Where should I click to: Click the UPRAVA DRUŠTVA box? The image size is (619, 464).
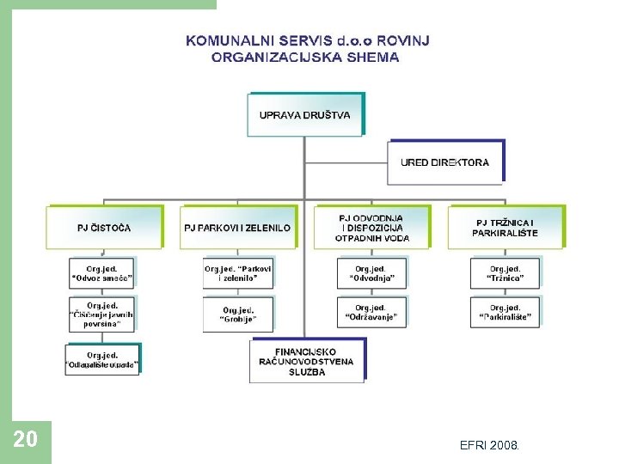coord(305,115)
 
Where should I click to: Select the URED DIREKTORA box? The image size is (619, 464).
coord(445,162)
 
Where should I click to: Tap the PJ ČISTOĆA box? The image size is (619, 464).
coord(104,228)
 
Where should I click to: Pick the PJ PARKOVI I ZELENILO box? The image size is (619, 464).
coord(237,228)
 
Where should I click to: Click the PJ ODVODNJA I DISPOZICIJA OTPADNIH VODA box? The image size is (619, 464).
coord(371,228)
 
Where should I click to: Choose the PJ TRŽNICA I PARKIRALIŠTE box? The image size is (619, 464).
coord(505,228)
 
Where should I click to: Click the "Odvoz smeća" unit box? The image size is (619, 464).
coord(102,273)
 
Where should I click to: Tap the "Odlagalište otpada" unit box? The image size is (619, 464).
coord(102,359)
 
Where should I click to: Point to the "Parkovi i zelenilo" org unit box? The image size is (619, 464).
coord(237,273)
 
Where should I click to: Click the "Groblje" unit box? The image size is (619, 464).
coord(238,314)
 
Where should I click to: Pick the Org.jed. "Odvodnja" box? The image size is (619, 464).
coord(371,273)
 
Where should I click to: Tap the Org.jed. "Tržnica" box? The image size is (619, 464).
coord(506,273)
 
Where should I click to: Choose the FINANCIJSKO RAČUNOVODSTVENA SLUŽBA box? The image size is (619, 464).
coord(306,362)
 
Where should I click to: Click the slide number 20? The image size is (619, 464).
coord(26,440)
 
